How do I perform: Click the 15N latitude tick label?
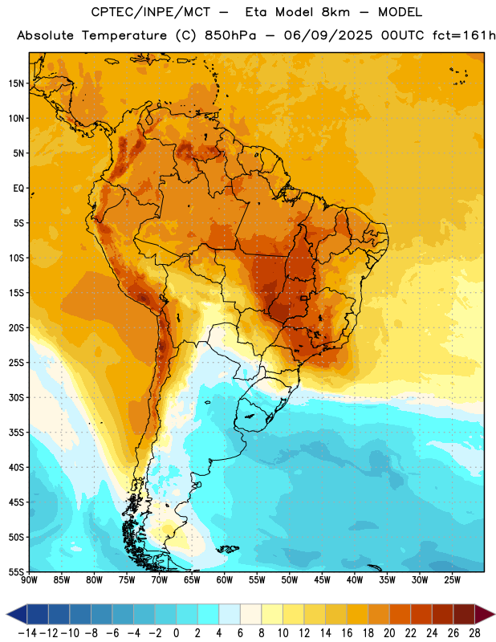16,83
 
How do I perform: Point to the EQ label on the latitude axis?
18,189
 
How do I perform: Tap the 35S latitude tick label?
16,433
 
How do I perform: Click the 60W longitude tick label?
225,579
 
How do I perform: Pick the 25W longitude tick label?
452,579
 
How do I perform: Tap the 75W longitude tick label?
127,579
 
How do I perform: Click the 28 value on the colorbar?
474,633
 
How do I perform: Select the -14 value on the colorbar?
27,633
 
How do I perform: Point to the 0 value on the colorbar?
176,633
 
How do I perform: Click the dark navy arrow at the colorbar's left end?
16,614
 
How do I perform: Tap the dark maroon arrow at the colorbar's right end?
486,614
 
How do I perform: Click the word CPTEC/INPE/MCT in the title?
151,12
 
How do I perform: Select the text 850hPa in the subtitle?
230,35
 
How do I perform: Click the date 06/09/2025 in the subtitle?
328,35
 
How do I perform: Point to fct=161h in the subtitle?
464,35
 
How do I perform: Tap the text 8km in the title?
335,12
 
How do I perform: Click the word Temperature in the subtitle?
124,35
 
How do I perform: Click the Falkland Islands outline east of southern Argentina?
227,549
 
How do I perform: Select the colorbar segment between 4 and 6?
230,614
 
